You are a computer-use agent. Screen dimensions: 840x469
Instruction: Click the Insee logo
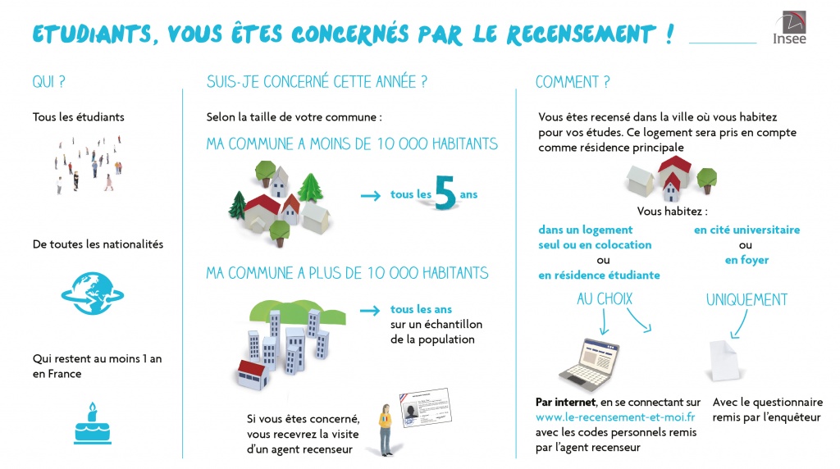[790, 27]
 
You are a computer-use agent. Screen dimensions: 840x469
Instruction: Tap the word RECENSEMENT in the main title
[582, 34]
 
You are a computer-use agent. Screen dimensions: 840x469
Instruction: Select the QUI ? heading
[48, 82]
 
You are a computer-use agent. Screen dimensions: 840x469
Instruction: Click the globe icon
[93, 294]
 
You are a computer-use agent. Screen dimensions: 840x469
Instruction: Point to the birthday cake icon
[92, 423]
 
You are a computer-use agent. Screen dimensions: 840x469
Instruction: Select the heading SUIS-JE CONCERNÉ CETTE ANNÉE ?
[317, 82]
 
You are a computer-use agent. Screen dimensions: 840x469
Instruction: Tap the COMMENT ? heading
[573, 82]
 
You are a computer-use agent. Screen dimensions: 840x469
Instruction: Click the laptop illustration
[590, 363]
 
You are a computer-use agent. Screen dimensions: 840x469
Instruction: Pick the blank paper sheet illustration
[725, 360]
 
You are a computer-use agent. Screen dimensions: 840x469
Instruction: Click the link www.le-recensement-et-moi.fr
[615, 417]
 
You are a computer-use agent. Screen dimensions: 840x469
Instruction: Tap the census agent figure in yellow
[386, 430]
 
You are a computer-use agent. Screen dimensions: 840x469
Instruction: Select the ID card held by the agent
[426, 408]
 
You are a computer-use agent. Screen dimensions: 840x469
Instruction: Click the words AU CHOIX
[605, 298]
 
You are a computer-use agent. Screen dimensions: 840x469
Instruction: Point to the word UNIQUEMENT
[746, 299]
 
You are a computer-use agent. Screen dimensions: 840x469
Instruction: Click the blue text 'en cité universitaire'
[746, 230]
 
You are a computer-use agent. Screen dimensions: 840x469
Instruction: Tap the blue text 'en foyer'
[746, 260]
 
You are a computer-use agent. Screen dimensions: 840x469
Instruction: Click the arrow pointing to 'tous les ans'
[370, 311]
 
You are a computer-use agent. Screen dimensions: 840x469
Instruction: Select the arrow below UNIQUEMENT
[739, 325]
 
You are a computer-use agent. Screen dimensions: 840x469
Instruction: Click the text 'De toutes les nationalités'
[98, 244]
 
